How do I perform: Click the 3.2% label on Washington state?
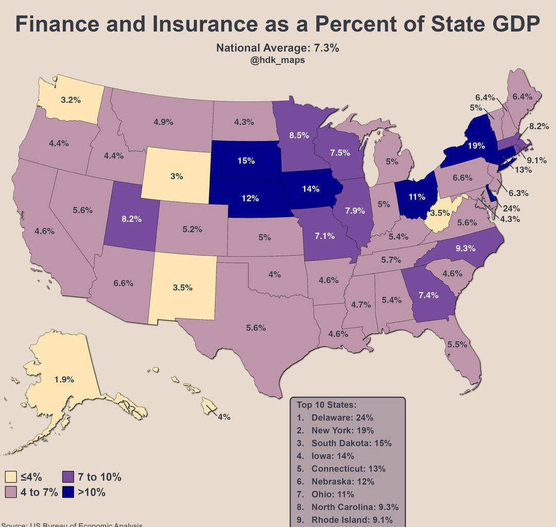71,100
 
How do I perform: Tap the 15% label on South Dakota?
246,161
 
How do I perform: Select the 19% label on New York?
476,146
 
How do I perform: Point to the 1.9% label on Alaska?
64,380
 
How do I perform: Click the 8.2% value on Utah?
131,218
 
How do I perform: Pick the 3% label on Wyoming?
177,176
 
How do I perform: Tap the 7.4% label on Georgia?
428,295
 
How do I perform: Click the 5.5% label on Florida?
457,344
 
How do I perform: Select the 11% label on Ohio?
417,197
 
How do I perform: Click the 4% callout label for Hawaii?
224,417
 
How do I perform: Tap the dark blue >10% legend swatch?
68,492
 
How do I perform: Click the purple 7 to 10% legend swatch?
68,477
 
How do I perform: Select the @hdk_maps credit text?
277,60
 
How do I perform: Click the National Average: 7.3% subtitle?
277,48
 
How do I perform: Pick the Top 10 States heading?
326,405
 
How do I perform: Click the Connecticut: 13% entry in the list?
348,469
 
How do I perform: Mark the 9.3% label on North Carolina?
465,248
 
